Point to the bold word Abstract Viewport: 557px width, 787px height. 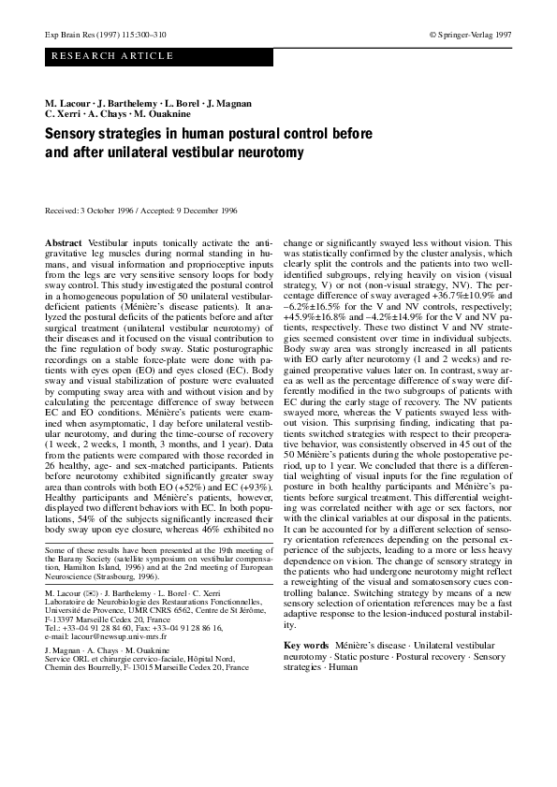tap(63, 242)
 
